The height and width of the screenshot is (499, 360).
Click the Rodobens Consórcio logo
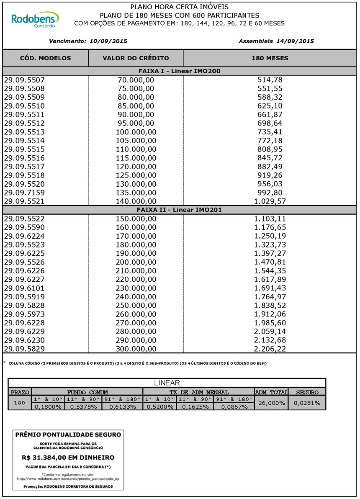pos(35,20)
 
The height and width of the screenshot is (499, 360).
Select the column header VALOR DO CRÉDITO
pos(136,58)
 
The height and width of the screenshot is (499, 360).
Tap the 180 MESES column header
pos(270,58)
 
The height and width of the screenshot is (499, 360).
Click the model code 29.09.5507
pos(24,80)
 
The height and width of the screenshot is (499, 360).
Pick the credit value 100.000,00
pos(136,132)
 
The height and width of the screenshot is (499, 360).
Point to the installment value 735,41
pos(270,132)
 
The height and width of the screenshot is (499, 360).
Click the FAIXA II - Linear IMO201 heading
pos(179,210)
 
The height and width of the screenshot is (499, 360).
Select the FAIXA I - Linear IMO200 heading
pos(179,71)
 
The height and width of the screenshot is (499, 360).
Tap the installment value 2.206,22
pos(270,349)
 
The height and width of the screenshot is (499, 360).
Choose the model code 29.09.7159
pos(24,193)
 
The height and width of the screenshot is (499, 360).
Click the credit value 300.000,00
pos(136,349)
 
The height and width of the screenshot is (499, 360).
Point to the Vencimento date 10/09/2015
pos(108,41)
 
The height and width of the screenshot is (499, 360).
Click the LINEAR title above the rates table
pos(167,383)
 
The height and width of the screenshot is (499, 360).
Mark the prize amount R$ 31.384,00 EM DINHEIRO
pos(68,458)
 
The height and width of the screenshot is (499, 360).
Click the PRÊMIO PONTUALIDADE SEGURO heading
pos(68,435)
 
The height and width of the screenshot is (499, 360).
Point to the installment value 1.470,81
pos(270,262)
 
